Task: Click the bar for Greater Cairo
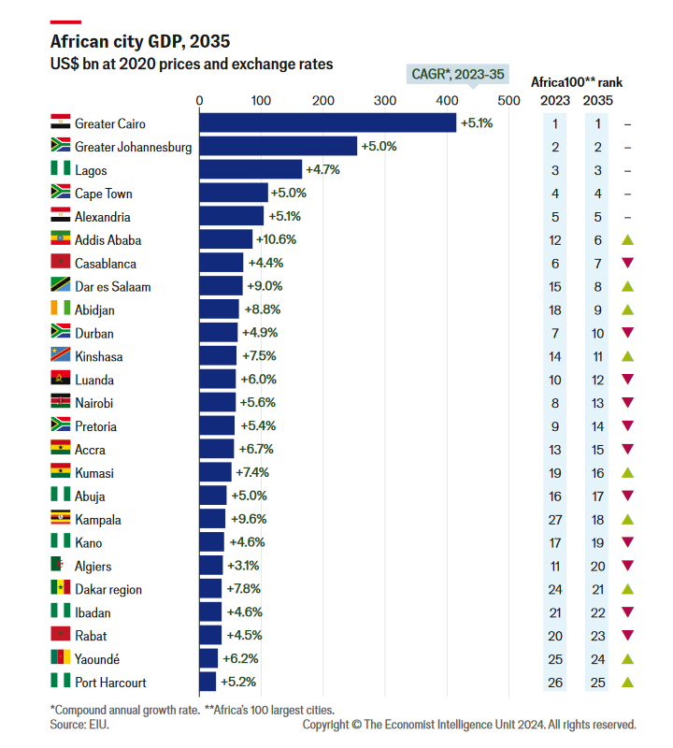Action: point(327,123)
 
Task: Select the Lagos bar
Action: point(251,170)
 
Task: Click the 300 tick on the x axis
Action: point(384,100)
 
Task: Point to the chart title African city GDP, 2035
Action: point(139,42)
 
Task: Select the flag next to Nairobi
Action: point(60,402)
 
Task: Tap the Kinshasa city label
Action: point(98,356)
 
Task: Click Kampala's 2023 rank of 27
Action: point(555,519)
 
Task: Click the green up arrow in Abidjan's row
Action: point(627,309)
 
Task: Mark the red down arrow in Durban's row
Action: point(627,333)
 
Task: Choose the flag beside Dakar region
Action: point(60,588)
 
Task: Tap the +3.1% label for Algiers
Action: point(242,566)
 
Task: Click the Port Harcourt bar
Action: point(208,682)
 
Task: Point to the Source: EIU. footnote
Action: point(79,724)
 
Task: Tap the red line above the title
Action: point(64,22)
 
